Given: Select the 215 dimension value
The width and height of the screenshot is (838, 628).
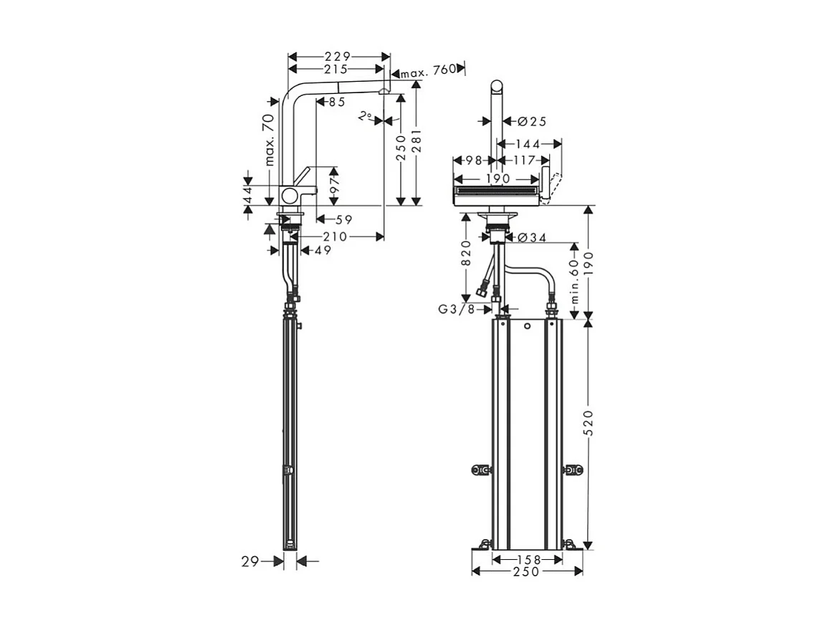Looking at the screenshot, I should click(335, 69).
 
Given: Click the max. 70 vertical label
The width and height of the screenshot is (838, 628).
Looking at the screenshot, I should click(270, 139).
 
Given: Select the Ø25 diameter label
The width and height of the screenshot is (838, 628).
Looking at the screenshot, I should click(531, 121).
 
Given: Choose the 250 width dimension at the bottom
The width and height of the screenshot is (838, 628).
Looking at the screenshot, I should click(527, 571).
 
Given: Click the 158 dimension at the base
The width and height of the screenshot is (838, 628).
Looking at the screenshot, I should click(527, 558).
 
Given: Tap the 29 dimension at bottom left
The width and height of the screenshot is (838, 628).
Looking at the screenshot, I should click(249, 562).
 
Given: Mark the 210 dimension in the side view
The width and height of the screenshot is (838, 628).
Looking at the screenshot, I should click(335, 236).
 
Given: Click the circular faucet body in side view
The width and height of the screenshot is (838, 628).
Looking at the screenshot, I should click(291, 195).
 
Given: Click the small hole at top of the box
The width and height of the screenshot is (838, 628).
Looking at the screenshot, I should click(527, 327).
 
